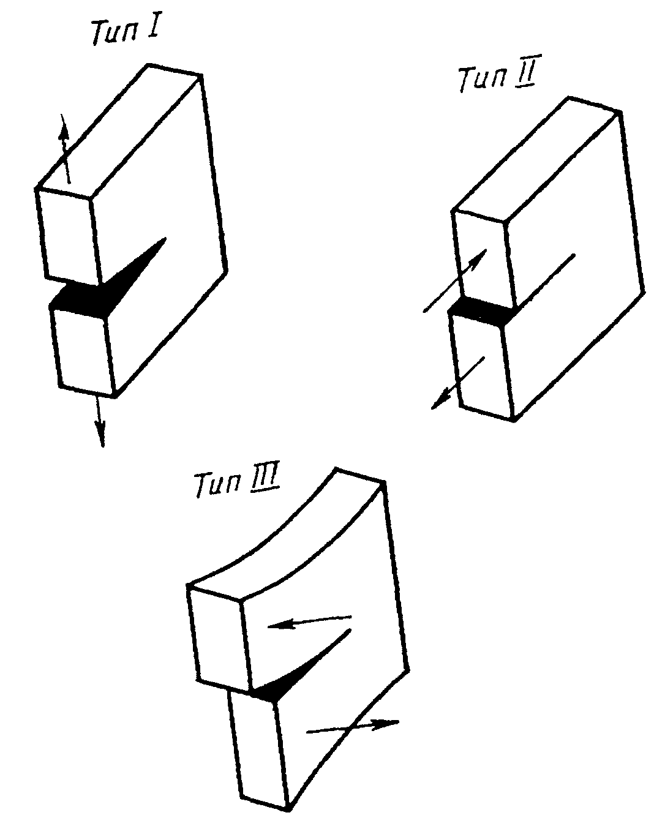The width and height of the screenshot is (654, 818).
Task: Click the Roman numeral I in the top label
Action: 151,29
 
